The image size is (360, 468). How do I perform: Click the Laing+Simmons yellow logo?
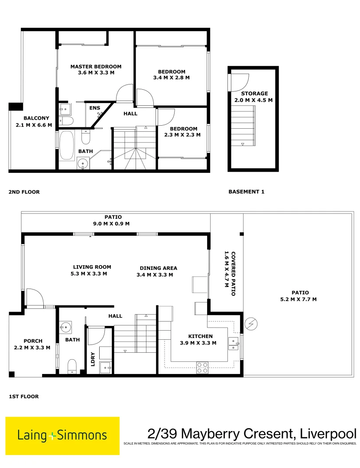click(x=62, y=435)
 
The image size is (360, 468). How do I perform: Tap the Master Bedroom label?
click(x=96, y=67)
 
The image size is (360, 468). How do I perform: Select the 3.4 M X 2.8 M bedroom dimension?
click(x=172, y=78)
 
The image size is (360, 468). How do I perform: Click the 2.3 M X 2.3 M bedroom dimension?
click(x=183, y=135)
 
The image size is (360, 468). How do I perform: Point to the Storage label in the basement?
click(x=254, y=94)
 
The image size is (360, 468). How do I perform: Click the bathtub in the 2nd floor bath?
click(x=67, y=145)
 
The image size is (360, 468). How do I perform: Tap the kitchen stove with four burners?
click(x=202, y=367)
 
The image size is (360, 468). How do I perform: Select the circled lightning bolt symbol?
click(x=251, y=323)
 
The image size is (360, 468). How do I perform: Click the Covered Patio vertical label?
click(x=234, y=273)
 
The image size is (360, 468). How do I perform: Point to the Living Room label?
click(x=92, y=267)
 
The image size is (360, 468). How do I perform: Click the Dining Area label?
click(x=158, y=268)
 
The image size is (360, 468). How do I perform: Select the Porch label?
click(x=33, y=341)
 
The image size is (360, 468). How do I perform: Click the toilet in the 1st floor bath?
click(x=72, y=366)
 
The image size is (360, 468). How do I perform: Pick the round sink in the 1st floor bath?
click(x=66, y=326)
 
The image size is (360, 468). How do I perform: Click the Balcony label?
click(x=36, y=118)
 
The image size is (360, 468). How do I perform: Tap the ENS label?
click(x=94, y=108)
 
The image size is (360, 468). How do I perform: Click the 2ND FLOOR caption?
click(x=24, y=192)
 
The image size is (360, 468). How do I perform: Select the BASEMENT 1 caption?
click(x=246, y=192)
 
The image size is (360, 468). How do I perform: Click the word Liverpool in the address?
click(x=326, y=433)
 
